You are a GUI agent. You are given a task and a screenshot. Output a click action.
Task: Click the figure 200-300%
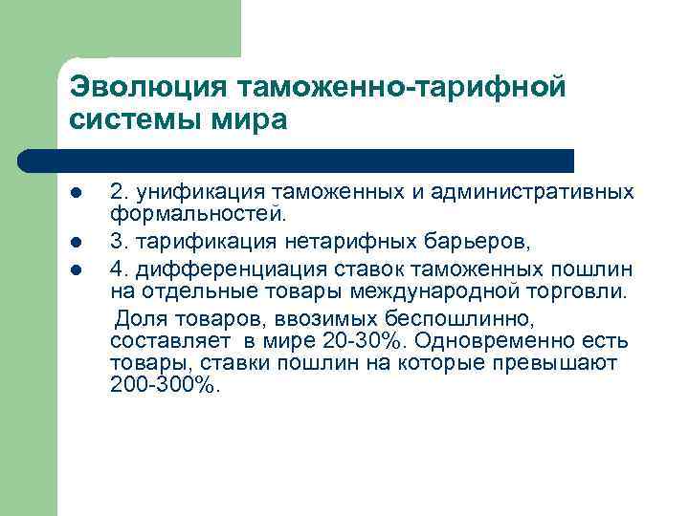165,388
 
